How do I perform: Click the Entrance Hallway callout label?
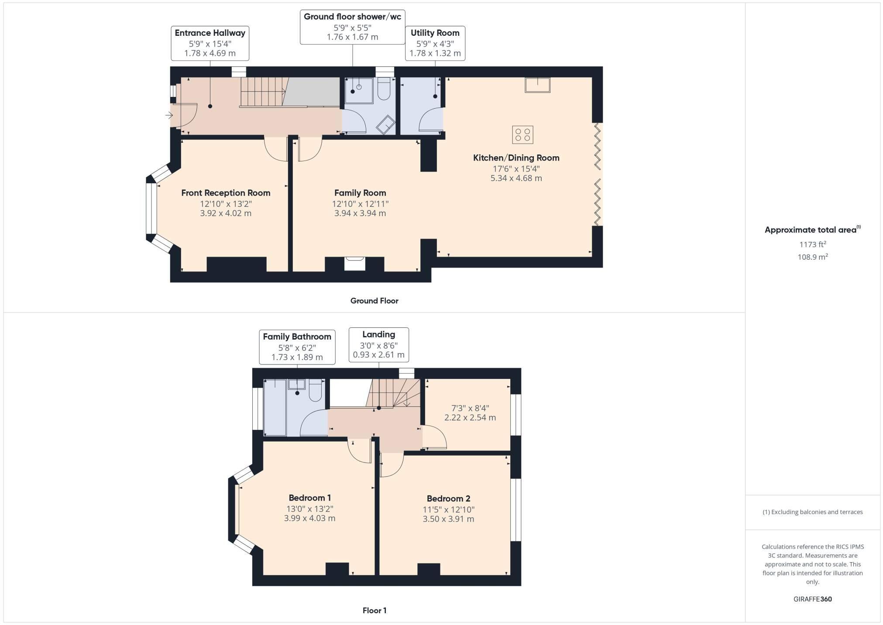(210, 43)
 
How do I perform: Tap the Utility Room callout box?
(435, 43)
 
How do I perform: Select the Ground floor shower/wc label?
(353, 27)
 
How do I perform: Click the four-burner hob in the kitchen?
(522, 134)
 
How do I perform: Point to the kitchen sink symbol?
(537, 85)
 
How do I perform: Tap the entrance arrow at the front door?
(169, 116)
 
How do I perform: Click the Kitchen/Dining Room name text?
(516, 158)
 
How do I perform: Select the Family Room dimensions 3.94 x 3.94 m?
(360, 213)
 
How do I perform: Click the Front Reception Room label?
(226, 193)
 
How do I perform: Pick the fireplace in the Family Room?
(354, 264)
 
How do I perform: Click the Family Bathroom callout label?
(297, 347)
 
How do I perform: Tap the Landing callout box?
(378, 345)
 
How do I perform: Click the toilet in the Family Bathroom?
(315, 390)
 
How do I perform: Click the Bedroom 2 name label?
(448, 498)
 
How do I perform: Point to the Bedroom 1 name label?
(309, 498)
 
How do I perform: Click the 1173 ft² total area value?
(812, 244)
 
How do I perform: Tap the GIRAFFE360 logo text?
(812, 599)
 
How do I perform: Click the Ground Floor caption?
(374, 301)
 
